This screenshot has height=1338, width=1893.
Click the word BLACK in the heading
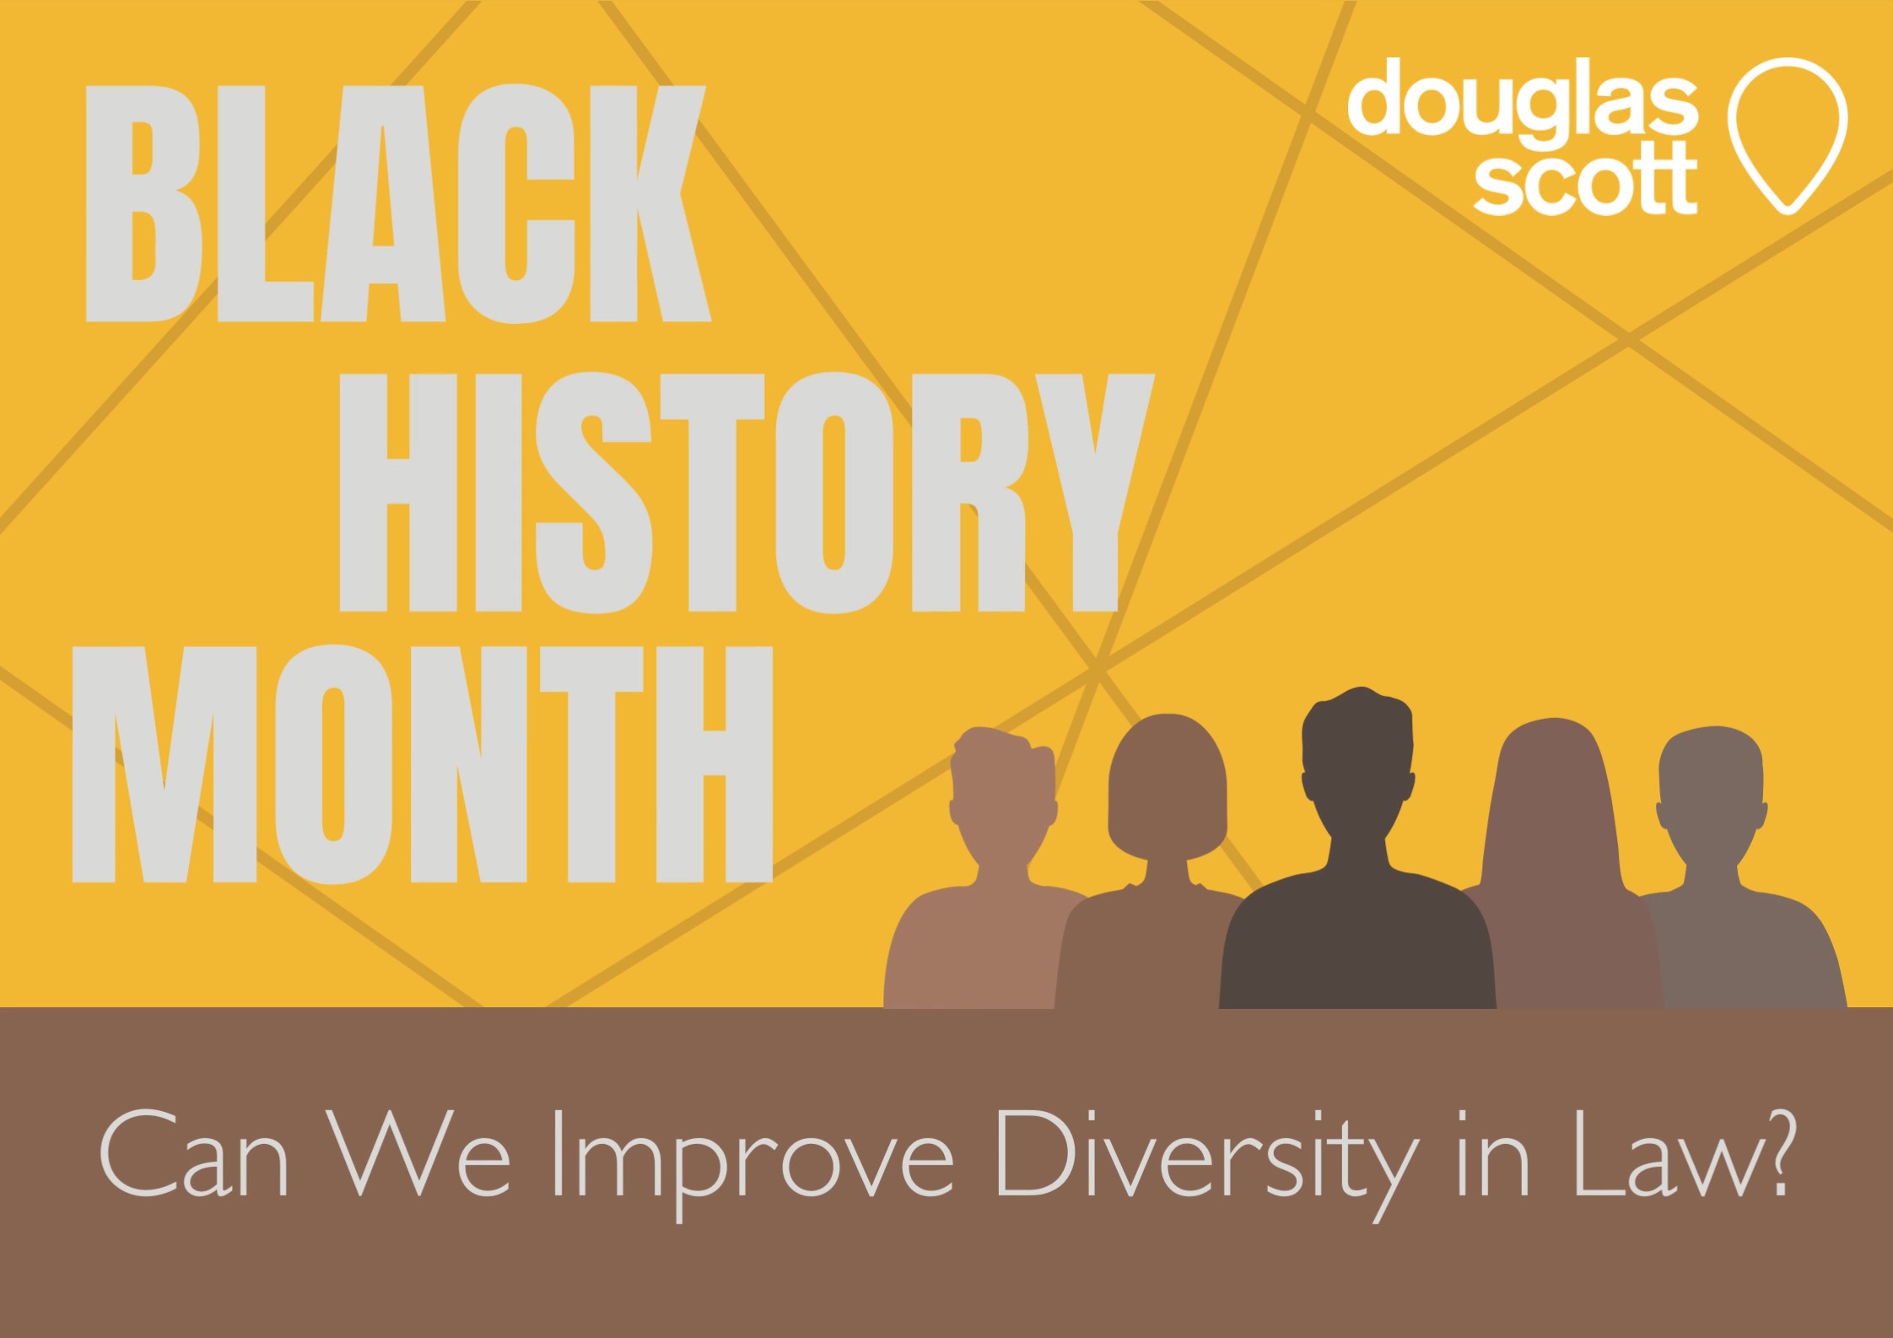tap(397, 203)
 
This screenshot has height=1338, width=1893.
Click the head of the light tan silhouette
tap(1003, 788)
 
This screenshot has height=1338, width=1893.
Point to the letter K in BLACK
tap(650, 203)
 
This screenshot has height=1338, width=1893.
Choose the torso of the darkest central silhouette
tap(1357, 945)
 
